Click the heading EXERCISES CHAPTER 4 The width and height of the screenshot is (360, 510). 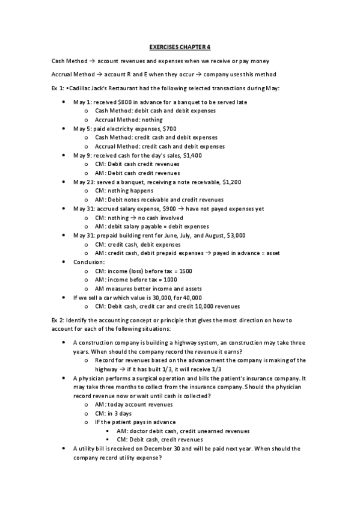(x=180, y=47)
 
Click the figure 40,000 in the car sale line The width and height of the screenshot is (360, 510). (x=193, y=297)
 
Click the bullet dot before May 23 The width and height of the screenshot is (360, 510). (x=64, y=182)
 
